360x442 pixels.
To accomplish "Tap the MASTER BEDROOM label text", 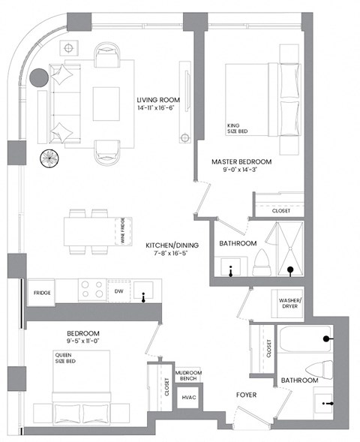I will tap(241, 161).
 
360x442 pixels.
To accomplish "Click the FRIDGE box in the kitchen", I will tap(41, 293).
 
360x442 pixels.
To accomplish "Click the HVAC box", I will tap(188, 398).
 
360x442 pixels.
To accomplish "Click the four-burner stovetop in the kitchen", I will tap(91, 290).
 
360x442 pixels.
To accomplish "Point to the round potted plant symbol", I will tap(49, 158).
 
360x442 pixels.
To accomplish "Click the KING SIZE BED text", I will tap(237, 128).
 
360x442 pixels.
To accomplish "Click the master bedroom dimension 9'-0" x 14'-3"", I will tap(241, 172).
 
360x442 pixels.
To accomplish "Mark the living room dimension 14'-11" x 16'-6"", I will tap(156, 110).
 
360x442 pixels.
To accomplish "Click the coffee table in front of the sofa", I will tap(106, 102).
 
